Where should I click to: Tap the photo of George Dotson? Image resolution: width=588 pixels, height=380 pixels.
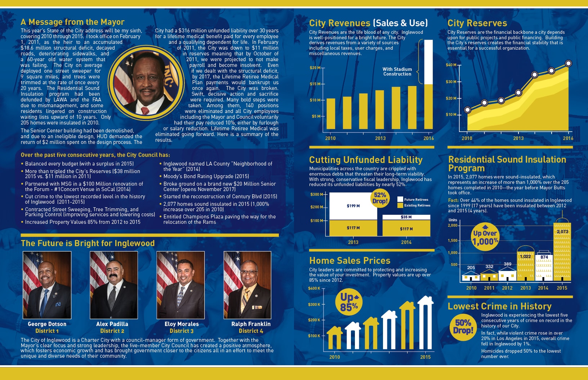pos(47,285)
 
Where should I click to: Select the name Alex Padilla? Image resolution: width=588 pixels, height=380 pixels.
pos(112,324)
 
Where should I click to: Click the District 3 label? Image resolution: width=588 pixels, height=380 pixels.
pos(182,331)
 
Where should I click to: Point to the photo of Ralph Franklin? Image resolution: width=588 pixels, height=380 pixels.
pos(247,285)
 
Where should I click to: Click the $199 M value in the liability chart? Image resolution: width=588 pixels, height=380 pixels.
pos(353,206)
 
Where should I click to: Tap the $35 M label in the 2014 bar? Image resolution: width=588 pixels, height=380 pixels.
pos(406,217)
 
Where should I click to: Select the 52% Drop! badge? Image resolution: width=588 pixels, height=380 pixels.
pos(380,198)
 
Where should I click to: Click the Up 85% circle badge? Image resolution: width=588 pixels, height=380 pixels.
pos(349,302)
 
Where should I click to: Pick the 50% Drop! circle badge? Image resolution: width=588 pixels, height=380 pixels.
pos(463,326)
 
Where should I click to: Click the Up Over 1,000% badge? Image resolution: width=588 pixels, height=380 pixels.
pos(485,237)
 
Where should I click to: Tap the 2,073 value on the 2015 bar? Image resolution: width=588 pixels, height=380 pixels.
pos(562,232)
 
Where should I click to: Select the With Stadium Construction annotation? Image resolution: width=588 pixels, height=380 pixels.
pos(397,72)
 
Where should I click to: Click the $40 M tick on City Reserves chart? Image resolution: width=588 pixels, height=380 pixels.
pos(451,65)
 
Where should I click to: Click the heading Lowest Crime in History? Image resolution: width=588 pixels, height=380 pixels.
pos(499,306)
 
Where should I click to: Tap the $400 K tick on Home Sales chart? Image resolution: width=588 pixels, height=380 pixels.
pos(314,288)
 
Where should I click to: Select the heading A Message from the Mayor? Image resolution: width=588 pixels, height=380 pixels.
pos(72,22)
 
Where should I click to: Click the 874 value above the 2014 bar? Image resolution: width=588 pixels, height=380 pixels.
pos(544,257)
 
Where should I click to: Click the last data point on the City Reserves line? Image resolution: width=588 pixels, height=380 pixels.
pos(569,63)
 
